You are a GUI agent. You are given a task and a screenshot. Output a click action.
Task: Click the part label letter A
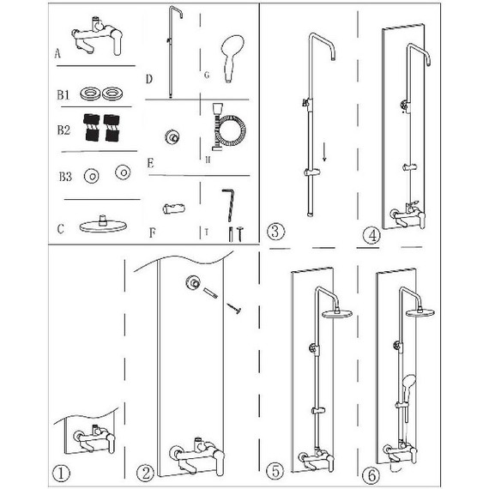pos(57,54)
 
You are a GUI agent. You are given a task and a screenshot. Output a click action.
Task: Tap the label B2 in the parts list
pos(63,130)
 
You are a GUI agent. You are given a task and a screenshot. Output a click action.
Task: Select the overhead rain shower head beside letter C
pos(103,225)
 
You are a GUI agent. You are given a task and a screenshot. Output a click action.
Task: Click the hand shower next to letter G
pos(232,58)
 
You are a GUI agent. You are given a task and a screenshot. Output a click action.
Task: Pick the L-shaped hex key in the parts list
pos(228,204)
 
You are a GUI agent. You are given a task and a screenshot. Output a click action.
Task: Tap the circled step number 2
pos(145,474)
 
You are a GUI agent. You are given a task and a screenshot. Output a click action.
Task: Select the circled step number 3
pos(275,232)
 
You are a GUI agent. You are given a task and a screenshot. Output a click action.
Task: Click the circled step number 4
pos(372,236)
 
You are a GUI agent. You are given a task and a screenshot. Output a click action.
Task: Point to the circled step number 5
pos(275,471)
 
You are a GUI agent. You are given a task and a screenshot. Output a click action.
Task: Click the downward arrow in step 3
pos(324,152)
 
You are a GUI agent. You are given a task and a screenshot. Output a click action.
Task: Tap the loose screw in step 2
pos(234,308)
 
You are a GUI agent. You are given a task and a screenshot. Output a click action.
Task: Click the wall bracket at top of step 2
pos(194,283)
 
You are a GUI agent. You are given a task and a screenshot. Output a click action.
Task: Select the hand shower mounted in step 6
pos(407,389)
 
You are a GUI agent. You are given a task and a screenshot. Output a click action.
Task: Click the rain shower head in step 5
pos(337,313)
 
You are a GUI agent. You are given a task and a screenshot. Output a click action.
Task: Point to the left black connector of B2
pos(92,128)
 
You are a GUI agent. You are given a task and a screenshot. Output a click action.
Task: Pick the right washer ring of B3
pos(123,172)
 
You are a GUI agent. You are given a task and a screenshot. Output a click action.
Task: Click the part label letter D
pos(149,79)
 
